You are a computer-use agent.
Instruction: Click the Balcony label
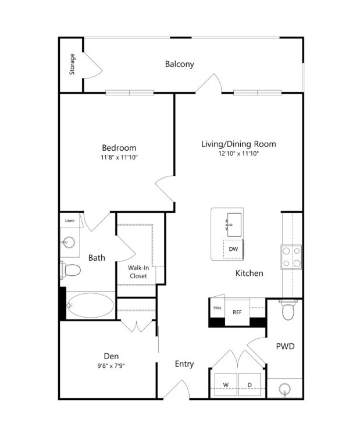(180, 64)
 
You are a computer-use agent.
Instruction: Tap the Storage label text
(72, 65)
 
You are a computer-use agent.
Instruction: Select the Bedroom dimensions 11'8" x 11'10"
(119, 157)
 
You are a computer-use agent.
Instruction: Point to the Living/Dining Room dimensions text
(238, 154)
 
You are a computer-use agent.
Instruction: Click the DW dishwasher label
(233, 249)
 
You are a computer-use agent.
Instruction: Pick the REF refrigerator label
(237, 313)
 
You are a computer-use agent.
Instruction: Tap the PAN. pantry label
(218, 308)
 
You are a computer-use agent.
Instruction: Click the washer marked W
(226, 385)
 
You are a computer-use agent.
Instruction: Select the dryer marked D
(249, 385)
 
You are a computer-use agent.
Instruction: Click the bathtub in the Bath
(90, 306)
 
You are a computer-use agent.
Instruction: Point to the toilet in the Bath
(70, 270)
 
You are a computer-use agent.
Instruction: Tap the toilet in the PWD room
(288, 310)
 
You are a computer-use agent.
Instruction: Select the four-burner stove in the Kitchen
(291, 257)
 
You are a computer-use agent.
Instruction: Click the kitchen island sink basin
(234, 225)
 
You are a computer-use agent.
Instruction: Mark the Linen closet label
(70, 221)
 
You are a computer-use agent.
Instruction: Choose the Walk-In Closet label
(138, 272)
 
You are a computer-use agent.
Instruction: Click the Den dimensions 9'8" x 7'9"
(111, 365)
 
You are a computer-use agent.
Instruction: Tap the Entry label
(184, 364)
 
